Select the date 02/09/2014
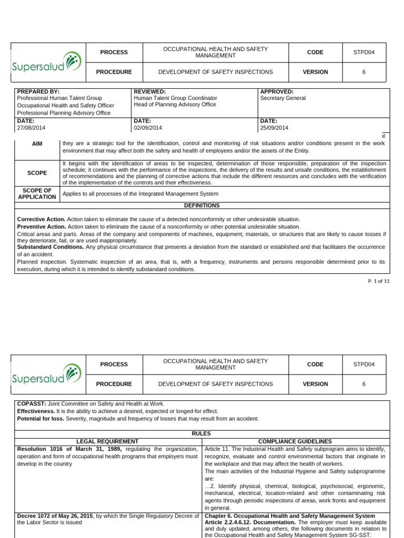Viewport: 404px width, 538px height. pyautogui.click(x=148, y=128)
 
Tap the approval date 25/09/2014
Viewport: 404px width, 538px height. pyautogui.click(x=274, y=128)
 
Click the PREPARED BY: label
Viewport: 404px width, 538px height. pyautogui.click(x=38, y=91)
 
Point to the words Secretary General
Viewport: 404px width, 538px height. pyautogui.click(x=282, y=98)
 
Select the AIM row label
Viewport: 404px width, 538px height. pyautogui.click(x=37, y=143)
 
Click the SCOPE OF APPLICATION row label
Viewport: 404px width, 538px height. pyautogui.click(x=37, y=194)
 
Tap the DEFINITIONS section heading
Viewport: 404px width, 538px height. pyautogui.click(x=202, y=205)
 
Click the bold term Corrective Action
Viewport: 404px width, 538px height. pyautogui.click(x=42, y=219)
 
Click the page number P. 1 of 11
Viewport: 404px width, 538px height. pyautogui.click(x=379, y=282)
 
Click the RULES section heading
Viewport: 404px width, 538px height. pyautogui.click(x=202, y=433)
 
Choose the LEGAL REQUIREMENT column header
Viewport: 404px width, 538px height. pyautogui.click(x=107, y=441)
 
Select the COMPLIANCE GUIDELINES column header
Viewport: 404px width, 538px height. pyautogui.click(x=295, y=441)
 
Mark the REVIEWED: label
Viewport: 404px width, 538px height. pyautogui.click(x=150, y=91)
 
